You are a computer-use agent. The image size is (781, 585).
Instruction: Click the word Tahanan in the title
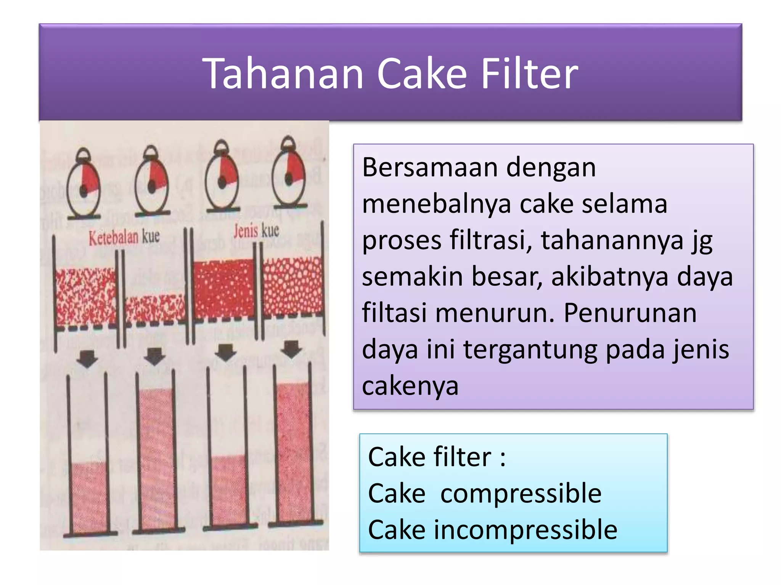click(284, 73)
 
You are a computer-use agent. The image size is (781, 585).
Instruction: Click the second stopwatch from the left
click(152, 181)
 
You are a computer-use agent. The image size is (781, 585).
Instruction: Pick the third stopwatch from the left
click(222, 177)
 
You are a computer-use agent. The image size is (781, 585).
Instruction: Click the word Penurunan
click(630, 313)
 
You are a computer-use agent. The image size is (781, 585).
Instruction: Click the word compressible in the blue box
click(521, 494)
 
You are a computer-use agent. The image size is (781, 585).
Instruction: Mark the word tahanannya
click(612, 241)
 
